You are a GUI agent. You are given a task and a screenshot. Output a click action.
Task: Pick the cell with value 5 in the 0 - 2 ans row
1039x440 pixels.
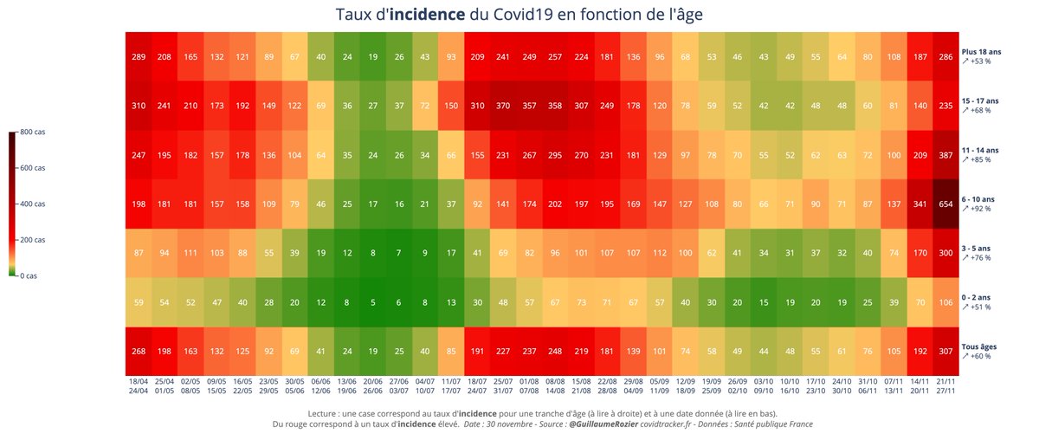pos(371,302)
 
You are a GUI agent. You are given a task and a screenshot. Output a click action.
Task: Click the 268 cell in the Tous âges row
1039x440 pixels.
pos(137,352)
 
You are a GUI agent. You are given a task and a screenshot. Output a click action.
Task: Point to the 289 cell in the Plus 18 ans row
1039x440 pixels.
pos(137,56)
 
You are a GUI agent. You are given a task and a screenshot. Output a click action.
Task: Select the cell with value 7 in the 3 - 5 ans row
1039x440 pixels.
pos(397,253)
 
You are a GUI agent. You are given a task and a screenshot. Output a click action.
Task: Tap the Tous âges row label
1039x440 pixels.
pos(979,346)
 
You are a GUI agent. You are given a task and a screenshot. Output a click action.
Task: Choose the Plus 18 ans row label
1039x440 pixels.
pos(980,51)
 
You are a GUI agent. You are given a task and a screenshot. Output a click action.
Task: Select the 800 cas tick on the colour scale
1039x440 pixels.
pos(32,132)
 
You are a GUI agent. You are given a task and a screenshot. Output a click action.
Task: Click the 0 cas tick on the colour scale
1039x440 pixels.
pos(29,275)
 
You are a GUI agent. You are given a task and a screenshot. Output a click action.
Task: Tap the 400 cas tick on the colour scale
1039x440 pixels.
pos(32,204)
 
